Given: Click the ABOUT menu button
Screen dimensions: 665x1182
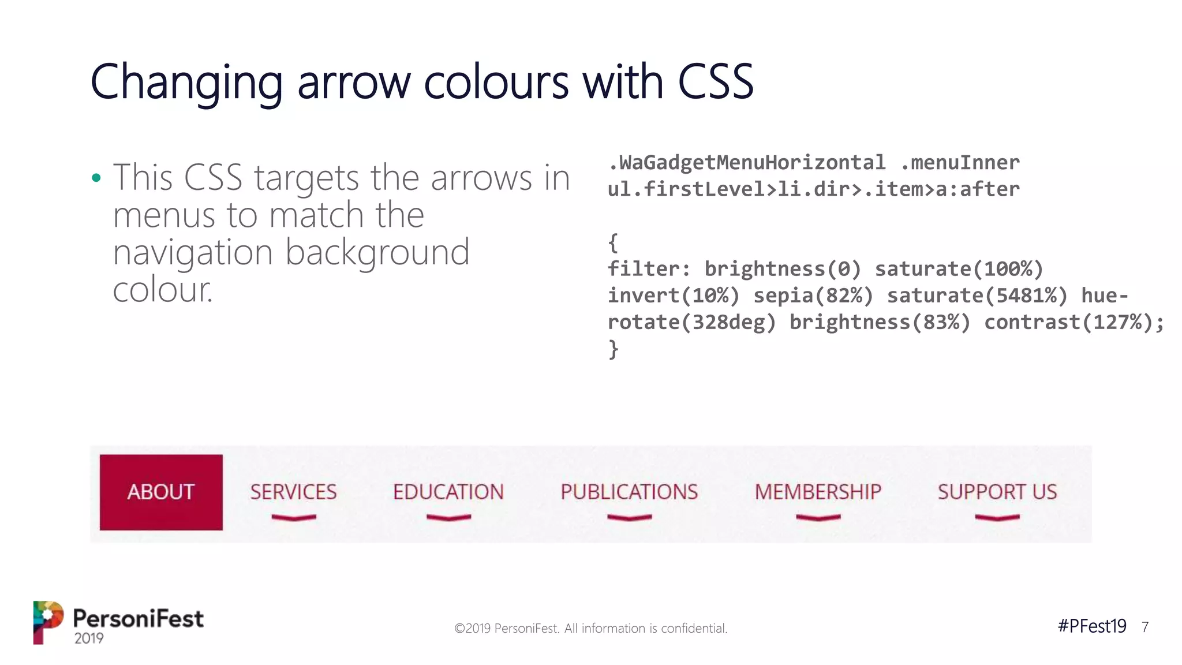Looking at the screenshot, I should pyautogui.click(x=161, y=492).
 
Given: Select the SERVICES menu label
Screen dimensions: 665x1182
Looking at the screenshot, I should pyautogui.click(x=293, y=492).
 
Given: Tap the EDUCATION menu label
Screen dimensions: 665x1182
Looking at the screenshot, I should pyautogui.click(x=448, y=492).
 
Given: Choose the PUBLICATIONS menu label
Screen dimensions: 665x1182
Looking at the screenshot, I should pyautogui.click(x=629, y=492).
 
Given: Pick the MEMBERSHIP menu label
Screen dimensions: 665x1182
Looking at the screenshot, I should pyautogui.click(x=818, y=492).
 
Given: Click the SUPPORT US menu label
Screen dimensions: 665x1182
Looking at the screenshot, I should pyautogui.click(x=997, y=492).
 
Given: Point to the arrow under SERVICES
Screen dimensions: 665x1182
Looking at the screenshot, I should pyautogui.click(x=294, y=517).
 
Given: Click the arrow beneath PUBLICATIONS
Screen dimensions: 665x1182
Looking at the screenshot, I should pyautogui.click(x=629, y=517).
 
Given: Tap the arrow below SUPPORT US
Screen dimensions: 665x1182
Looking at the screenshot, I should pyautogui.click(x=997, y=517).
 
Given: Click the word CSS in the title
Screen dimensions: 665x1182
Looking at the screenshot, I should pyautogui.click(x=716, y=82).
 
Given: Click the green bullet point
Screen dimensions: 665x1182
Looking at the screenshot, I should pyautogui.click(x=96, y=178).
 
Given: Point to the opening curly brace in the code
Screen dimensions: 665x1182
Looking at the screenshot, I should pyautogui.click(x=613, y=242).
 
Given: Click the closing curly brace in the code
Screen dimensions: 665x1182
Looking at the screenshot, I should pyautogui.click(x=613, y=349).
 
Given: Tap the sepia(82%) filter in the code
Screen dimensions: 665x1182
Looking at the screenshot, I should pyautogui.click(x=813, y=296).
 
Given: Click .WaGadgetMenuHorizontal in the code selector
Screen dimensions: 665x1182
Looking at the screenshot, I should pyautogui.click(x=747, y=163).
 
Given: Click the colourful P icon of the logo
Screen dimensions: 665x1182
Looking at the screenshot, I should pyautogui.click(x=48, y=622).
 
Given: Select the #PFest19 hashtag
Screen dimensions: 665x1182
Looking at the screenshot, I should pyautogui.click(x=1091, y=626).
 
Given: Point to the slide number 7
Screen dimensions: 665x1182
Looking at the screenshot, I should pyautogui.click(x=1145, y=627).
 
